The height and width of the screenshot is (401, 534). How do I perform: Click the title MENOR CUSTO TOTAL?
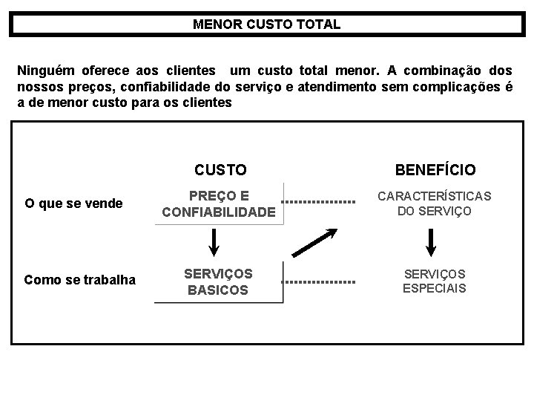click(266, 24)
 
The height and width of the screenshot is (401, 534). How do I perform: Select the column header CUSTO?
click(220, 170)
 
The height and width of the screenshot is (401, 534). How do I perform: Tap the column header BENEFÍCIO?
click(435, 170)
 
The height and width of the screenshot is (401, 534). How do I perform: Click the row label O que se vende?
click(73, 203)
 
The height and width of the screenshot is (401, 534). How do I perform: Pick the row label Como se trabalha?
click(80, 279)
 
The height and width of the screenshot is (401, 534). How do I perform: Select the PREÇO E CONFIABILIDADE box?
click(219, 204)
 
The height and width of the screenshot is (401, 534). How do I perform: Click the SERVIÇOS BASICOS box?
click(219, 281)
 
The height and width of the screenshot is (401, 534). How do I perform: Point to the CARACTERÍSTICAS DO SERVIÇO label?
click(434, 203)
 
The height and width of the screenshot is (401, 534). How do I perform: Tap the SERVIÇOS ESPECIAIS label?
click(434, 281)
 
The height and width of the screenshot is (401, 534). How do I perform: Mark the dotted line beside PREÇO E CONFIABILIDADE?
click(319, 202)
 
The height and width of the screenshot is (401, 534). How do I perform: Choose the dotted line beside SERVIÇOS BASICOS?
click(319, 282)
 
